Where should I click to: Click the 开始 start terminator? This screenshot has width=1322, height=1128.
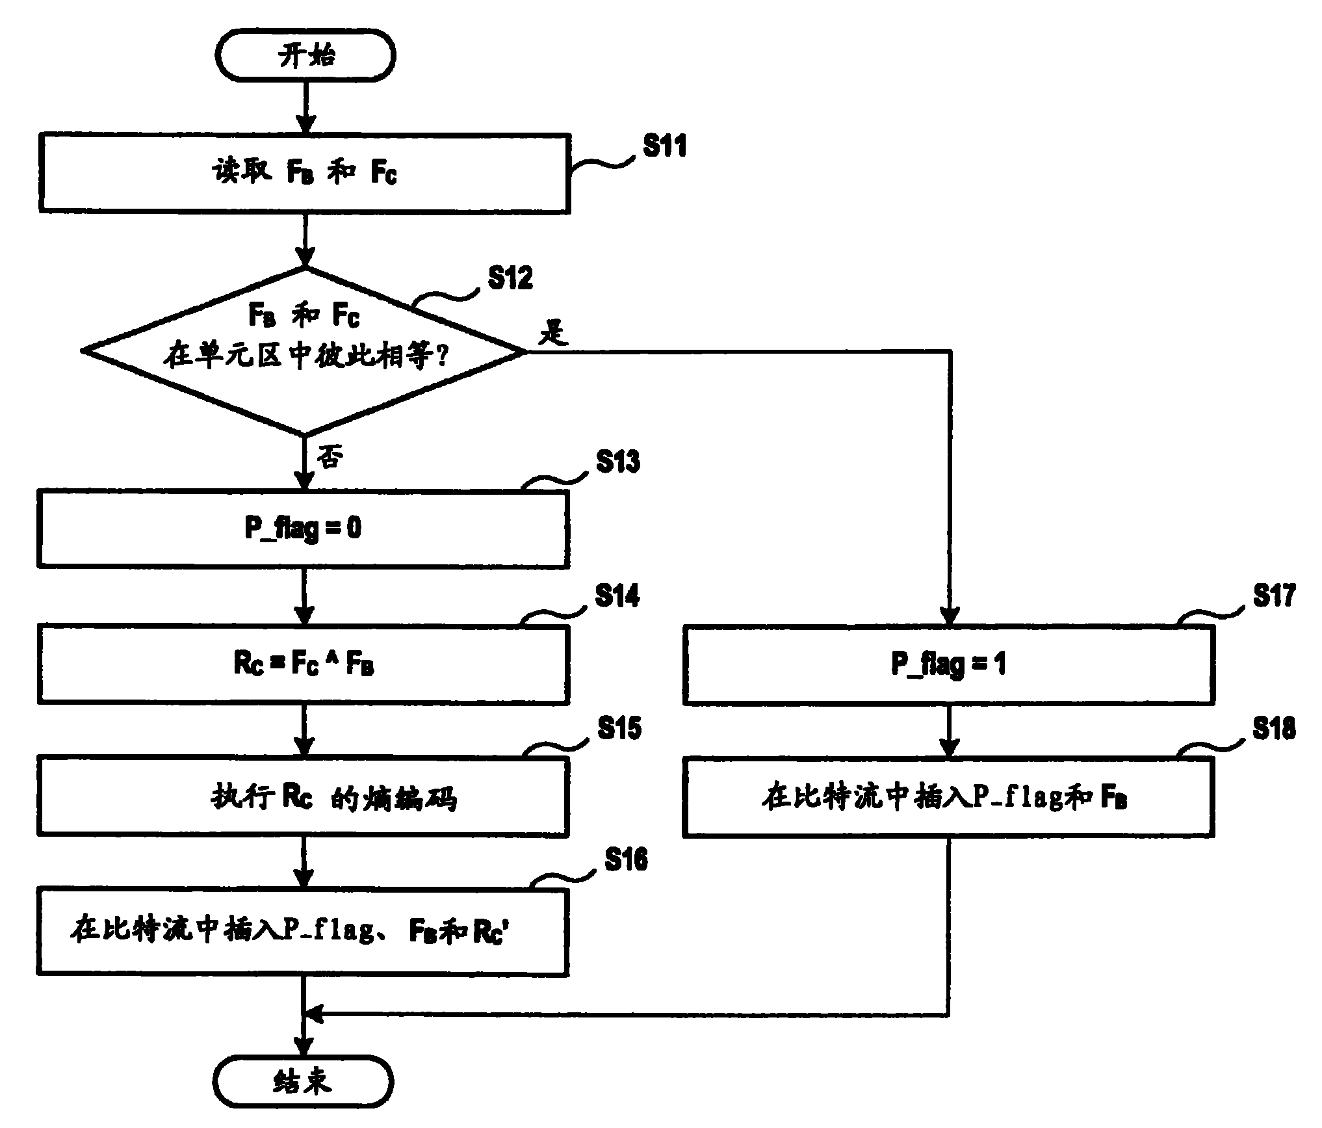click(305, 56)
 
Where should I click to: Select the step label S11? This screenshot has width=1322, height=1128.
click(664, 146)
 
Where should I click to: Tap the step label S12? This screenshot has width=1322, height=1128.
click(510, 278)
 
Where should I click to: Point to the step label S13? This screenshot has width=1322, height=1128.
click(617, 462)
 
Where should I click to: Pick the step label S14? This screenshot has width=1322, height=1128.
click(617, 596)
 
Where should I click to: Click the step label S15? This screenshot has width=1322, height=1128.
click(619, 728)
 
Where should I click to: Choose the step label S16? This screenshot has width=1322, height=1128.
click(625, 859)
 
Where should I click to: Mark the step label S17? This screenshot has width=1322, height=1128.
click(1275, 596)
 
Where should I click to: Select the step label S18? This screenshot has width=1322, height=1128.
click(1275, 729)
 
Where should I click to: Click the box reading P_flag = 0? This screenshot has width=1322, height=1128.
click(304, 528)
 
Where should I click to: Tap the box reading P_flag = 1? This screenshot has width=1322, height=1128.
click(948, 664)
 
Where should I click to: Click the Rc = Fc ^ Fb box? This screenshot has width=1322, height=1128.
click(304, 664)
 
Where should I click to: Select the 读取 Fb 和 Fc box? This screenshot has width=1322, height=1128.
click(304, 173)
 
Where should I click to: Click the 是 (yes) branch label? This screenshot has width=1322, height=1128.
click(553, 334)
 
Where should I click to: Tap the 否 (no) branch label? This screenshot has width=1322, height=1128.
click(330, 457)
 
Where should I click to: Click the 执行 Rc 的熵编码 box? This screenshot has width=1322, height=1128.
click(304, 796)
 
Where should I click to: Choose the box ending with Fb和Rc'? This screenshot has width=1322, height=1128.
click(303, 930)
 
